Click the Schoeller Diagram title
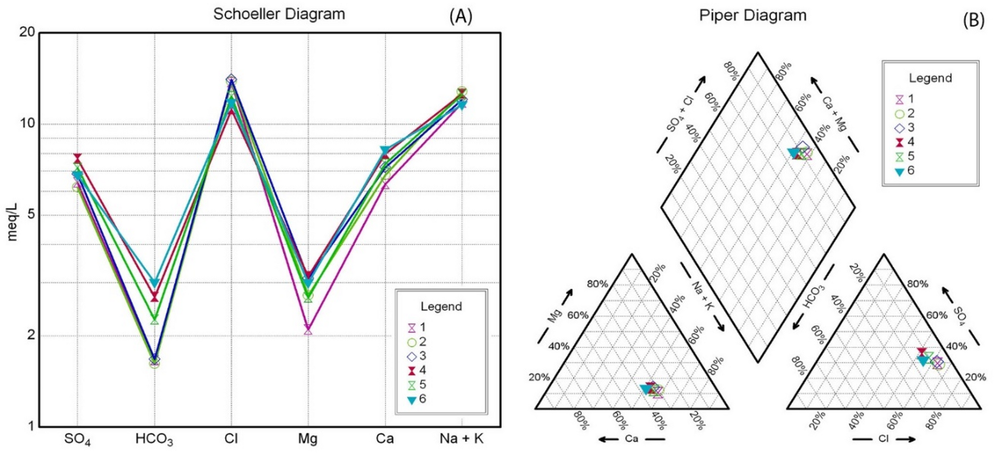279,14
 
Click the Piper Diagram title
752,16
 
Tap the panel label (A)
461,17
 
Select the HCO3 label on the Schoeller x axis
154,439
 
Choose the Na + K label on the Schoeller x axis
462,438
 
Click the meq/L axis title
12,222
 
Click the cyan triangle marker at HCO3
155,283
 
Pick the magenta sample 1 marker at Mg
308,330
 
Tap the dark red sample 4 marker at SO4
77,159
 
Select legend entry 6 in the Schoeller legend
412,400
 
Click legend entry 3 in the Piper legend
899,128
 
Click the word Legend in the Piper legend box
930,78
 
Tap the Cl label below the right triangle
883,438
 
